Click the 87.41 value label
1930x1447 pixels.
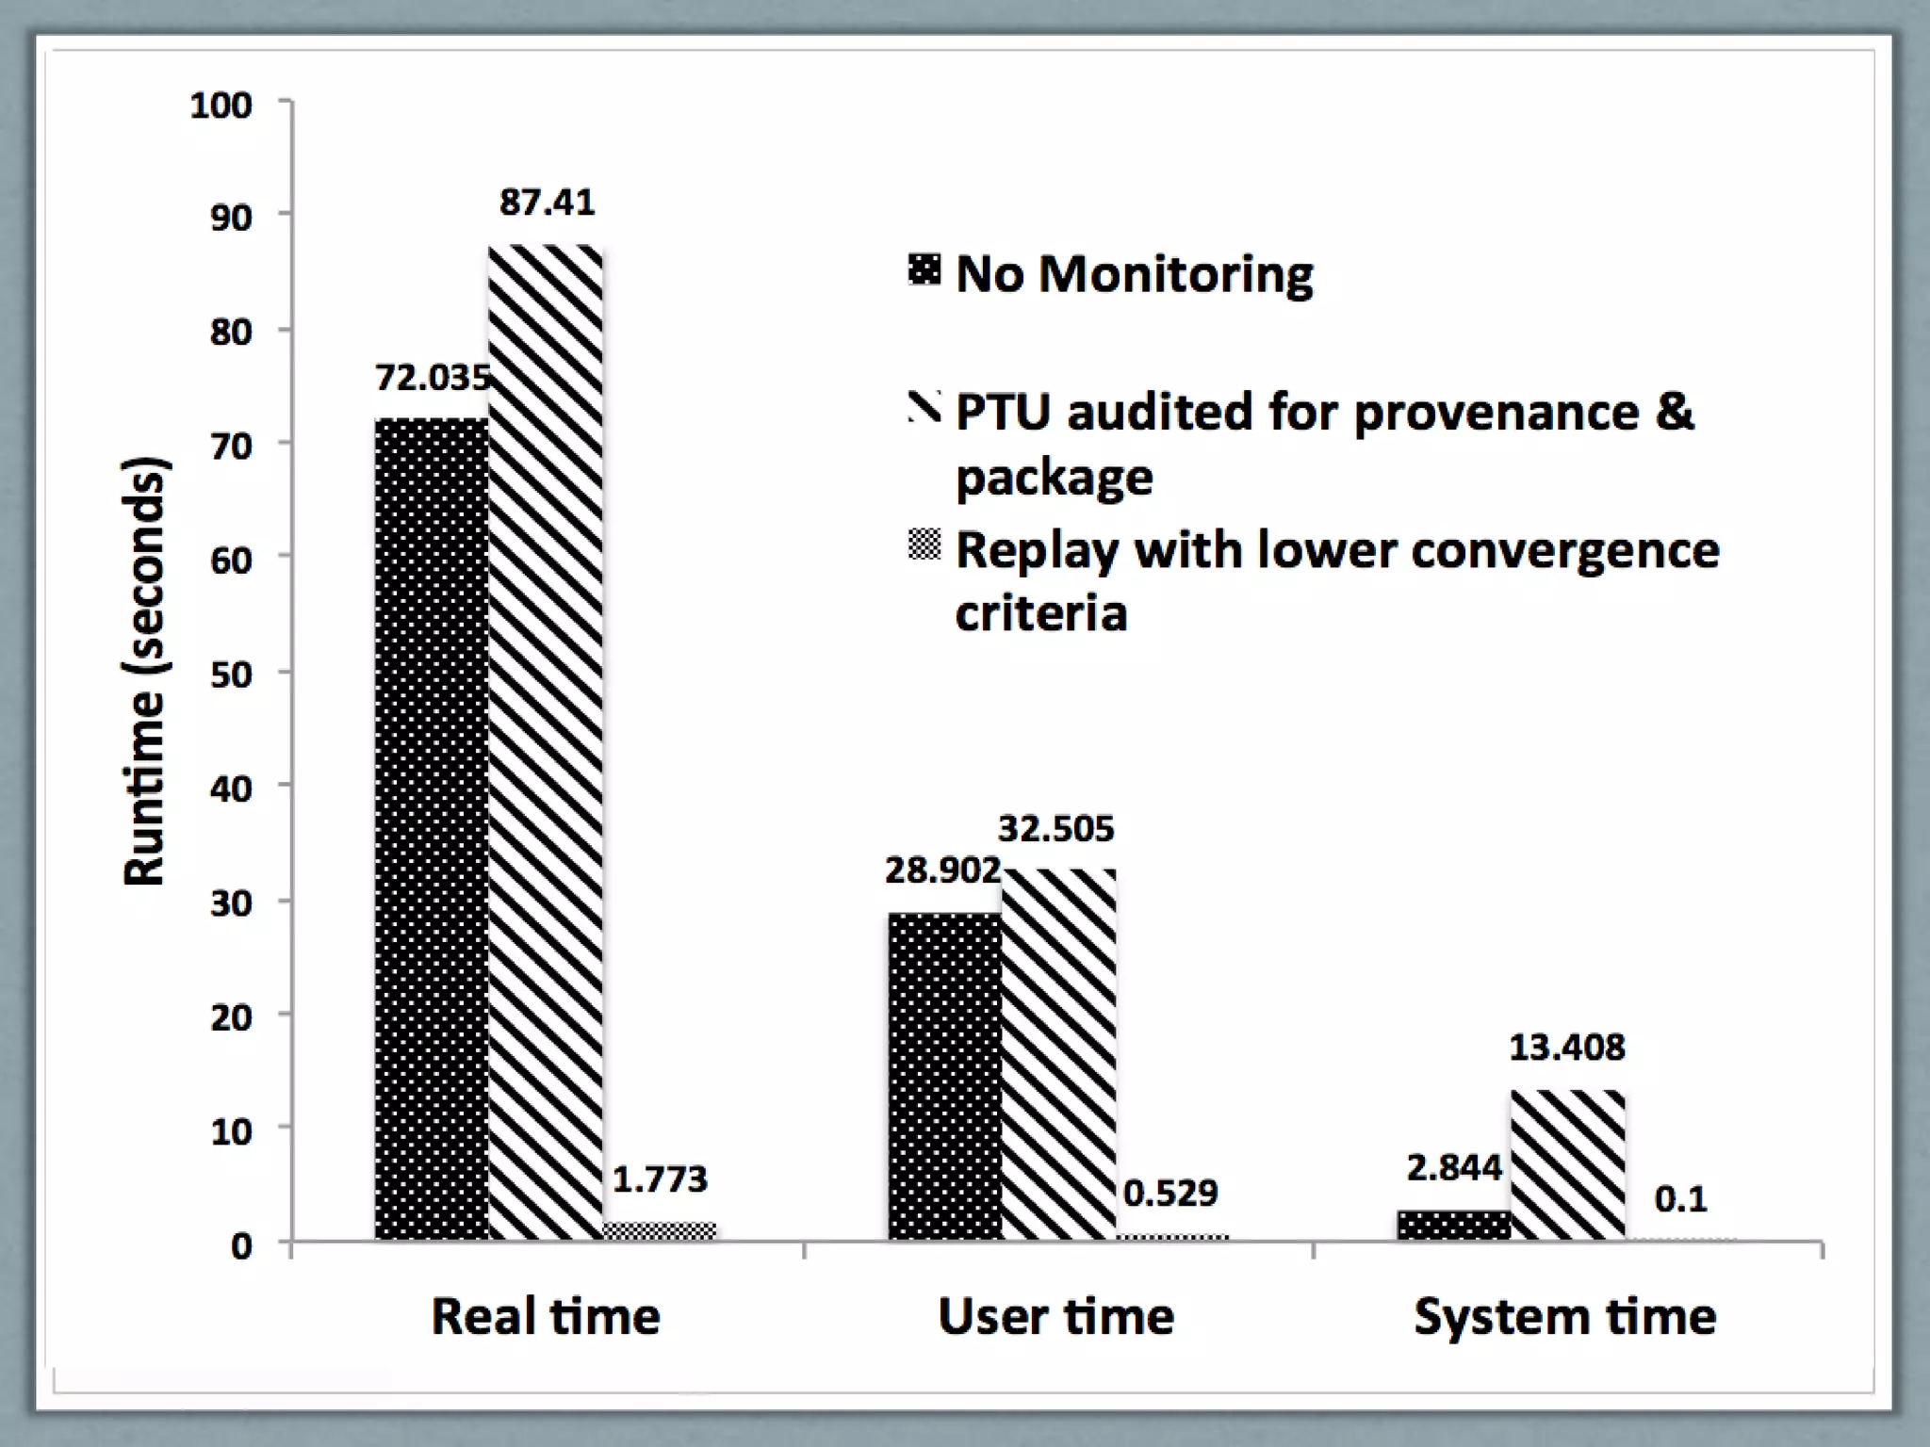pyautogui.click(x=547, y=203)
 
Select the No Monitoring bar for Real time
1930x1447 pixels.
pyautogui.click(x=432, y=829)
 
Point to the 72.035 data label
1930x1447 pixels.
pyautogui.click(x=433, y=378)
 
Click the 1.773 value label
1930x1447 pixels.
pyautogui.click(x=660, y=1179)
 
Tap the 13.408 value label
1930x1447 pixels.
pyautogui.click(x=1567, y=1048)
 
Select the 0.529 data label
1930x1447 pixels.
pyautogui.click(x=1170, y=1194)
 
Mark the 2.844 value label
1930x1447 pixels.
pyautogui.click(x=1454, y=1168)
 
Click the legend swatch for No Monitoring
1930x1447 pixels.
pyautogui.click(x=924, y=269)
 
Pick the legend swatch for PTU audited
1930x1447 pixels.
pyautogui.click(x=924, y=407)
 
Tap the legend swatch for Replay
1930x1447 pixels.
pyautogui.click(x=924, y=545)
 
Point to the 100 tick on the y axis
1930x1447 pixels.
pyautogui.click(x=221, y=105)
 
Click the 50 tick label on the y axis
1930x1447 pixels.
pyautogui.click(x=231, y=675)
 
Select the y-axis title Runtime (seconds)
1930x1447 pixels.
pyautogui.click(x=145, y=671)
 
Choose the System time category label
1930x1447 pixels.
pyautogui.click(x=1564, y=1316)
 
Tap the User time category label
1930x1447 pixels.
pyautogui.click(x=1056, y=1316)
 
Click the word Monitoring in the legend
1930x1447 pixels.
pyautogui.click(x=1175, y=275)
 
